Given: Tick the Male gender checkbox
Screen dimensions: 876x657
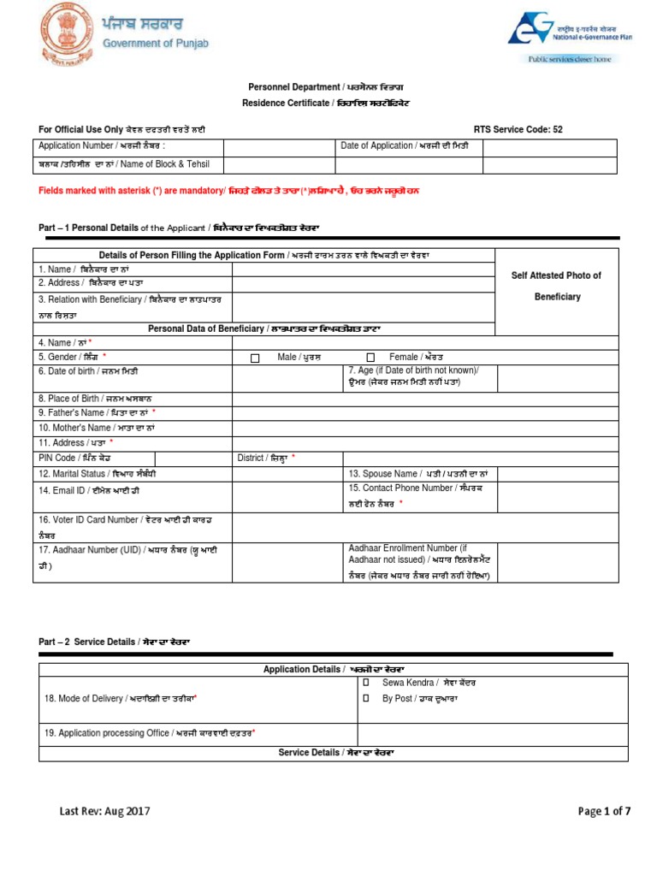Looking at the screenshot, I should (x=255, y=358).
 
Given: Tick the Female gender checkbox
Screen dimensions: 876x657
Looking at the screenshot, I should (x=370, y=358).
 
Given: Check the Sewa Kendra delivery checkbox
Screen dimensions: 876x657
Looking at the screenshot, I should (x=365, y=683).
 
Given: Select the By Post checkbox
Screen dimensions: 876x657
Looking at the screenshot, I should (x=365, y=699).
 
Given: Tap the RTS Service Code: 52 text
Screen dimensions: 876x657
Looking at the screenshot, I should (x=518, y=129).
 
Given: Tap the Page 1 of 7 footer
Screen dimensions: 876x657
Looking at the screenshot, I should (x=604, y=811).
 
